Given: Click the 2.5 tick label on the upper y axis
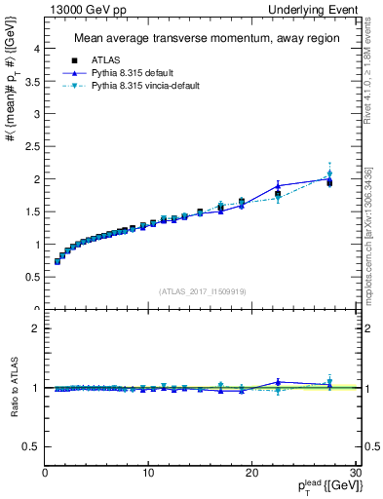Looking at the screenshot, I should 33,146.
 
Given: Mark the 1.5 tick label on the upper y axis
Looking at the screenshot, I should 33,211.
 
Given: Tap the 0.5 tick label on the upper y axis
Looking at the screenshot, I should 33,277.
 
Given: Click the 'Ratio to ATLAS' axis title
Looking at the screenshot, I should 13,388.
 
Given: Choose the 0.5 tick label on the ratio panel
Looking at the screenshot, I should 33,446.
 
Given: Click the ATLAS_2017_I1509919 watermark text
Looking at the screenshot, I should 201,290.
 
